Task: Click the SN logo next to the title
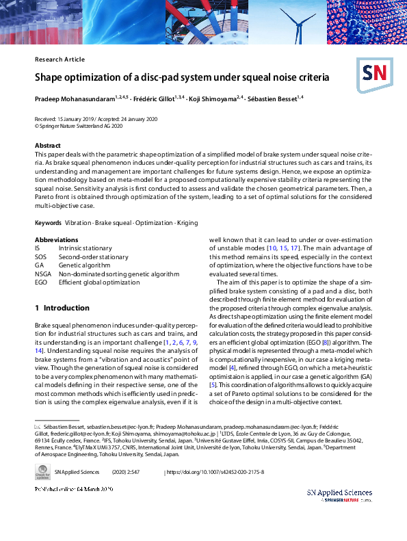pos(373,71)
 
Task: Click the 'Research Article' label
pos(60,60)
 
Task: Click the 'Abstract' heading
pos(49,146)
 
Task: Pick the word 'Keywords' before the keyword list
pos(48,224)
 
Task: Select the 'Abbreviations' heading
pos(57,240)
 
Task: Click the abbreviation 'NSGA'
pos(43,274)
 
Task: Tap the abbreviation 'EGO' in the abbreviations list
pos(42,282)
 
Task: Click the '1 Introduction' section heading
pos(62,308)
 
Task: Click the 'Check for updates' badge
pos(42,473)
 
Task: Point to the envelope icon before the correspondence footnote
pos(38,426)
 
